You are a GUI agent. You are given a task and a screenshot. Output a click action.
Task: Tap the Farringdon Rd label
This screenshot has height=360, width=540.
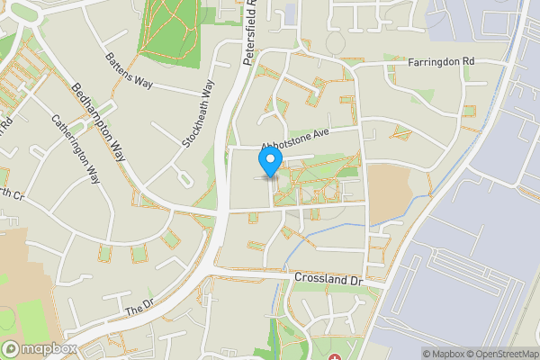[440, 62]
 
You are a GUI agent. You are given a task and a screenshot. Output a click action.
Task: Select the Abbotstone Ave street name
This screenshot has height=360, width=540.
[296, 139]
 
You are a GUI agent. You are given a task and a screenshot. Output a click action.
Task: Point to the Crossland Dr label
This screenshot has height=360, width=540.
[328, 280]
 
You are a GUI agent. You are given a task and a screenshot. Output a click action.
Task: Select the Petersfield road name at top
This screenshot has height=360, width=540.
[250, 36]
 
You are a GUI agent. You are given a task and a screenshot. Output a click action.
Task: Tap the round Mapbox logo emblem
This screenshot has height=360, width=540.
[12, 348]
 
